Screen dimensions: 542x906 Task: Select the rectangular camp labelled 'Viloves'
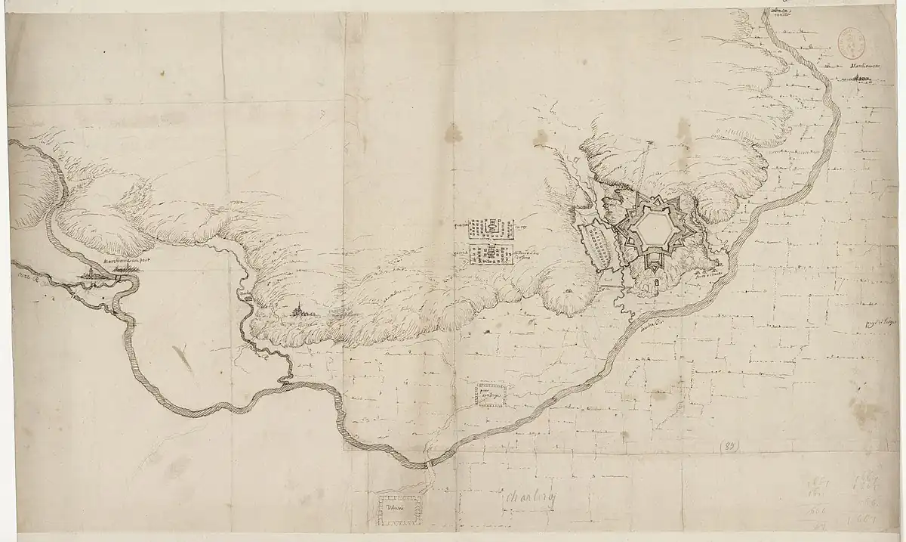point(399,508)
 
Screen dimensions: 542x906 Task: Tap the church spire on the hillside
point(300,310)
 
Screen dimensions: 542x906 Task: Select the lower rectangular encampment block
point(492,256)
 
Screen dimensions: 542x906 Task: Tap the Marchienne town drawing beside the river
point(94,278)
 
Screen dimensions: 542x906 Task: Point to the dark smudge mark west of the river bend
point(182,358)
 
